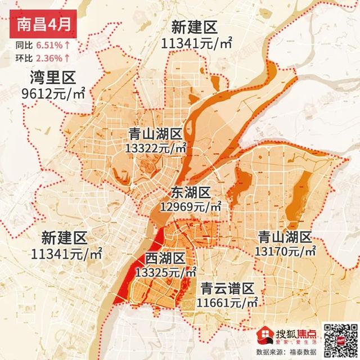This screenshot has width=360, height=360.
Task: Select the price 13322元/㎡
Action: (156, 148)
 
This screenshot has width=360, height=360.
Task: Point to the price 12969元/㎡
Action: (191, 207)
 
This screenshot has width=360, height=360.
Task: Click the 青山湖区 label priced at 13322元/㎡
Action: (155, 134)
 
